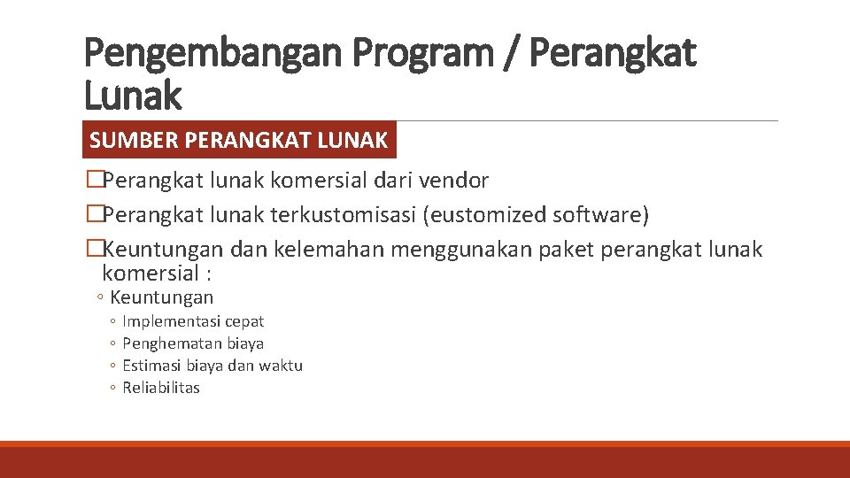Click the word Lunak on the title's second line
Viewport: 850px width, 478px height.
[x=133, y=96]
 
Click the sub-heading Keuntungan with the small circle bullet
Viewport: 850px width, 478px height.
[x=162, y=297]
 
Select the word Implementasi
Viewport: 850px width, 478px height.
[x=173, y=321]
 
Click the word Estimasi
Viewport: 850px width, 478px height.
[x=151, y=366]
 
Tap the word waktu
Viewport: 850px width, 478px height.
[x=282, y=366]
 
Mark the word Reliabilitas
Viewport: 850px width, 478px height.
[x=161, y=388]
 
